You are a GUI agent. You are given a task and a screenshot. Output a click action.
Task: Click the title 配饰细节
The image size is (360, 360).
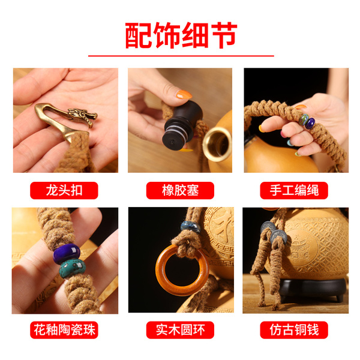click(181, 35)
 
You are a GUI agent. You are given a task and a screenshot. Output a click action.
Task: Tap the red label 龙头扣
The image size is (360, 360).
click(64, 190)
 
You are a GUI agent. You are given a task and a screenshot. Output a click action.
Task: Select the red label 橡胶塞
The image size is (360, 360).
click(180, 190)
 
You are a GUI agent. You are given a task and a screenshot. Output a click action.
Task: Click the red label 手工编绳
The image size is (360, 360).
click(294, 190)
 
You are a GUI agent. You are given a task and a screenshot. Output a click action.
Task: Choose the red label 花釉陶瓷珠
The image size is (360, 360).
click(64, 330)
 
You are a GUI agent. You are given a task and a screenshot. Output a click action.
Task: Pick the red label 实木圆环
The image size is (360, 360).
click(180, 330)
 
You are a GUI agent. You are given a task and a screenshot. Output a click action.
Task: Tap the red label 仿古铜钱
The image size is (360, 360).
click(294, 330)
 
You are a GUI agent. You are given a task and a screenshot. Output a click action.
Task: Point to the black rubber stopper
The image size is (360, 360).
click(182, 125)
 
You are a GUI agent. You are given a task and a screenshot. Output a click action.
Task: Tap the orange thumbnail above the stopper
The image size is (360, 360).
click(184, 94)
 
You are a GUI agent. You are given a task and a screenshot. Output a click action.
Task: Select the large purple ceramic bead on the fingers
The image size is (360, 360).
click(67, 253)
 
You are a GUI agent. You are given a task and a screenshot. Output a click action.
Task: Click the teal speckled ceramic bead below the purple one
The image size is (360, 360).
click(73, 268)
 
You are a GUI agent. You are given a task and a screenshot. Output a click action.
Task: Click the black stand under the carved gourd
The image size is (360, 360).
click(313, 287)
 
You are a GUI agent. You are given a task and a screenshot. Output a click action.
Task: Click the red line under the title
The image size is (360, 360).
click(181, 56)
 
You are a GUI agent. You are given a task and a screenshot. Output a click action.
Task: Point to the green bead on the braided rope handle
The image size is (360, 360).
click(304, 119)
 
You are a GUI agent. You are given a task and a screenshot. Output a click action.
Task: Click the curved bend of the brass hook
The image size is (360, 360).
click(40, 110)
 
